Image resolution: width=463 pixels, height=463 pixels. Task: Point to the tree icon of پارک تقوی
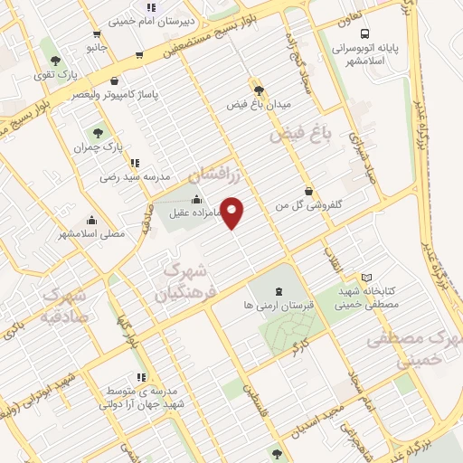pos(56,60)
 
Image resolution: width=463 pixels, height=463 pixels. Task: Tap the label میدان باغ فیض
pos(259,104)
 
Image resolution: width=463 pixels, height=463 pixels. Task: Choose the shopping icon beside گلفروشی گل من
pos(310,191)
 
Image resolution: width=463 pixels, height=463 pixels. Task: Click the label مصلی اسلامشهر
pos(90,233)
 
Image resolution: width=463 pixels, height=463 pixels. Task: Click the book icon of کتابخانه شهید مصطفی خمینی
pos(366,277)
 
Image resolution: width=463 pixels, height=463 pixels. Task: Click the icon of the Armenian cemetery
pos(278,291)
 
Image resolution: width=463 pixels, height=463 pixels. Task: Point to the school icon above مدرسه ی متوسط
pos(140,377)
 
